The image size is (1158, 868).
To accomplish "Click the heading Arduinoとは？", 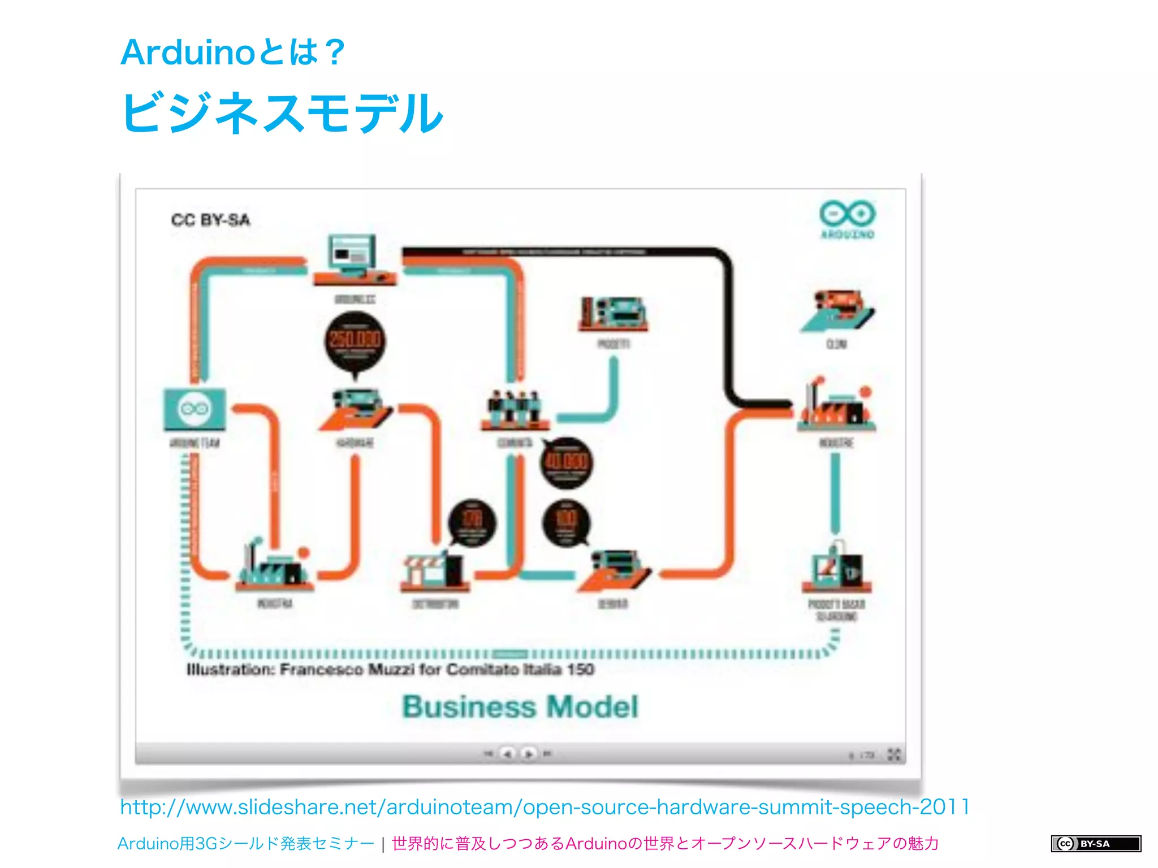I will tap(232, 52).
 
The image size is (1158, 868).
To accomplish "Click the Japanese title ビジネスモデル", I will tap(282, 113).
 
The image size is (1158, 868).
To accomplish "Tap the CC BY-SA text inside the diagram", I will tap(210, 220).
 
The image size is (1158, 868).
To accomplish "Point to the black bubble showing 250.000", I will tap(355, 341).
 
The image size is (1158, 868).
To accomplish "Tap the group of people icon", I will tap(514, 409).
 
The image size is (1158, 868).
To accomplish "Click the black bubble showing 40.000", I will tap(566, 463).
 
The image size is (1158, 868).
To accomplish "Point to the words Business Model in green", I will tap(520, 707).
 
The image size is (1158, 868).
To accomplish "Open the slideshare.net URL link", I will tap(545, 807).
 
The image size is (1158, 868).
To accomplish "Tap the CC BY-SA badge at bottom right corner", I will tap(1095, 844).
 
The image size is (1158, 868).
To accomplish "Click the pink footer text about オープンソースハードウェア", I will tap(665, 844).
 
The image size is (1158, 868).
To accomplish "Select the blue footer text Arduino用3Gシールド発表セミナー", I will tap(245, 844).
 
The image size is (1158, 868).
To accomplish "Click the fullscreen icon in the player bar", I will tap(893, 754).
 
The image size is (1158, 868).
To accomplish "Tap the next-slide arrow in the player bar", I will tap(529, 754).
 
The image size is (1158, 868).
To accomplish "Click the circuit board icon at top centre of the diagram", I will tap(613, 314).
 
